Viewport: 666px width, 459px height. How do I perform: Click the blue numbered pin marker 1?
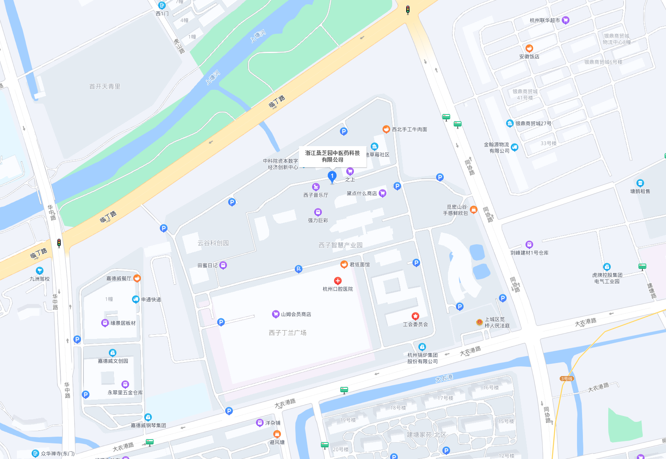click(332, 176)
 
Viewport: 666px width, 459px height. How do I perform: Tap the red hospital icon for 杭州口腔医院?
click(337, 281)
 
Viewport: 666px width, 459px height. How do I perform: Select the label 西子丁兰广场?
click(288, 333)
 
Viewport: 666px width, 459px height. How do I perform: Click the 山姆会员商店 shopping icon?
click(275, 314)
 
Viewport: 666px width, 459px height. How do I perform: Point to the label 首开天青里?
click(105, 86)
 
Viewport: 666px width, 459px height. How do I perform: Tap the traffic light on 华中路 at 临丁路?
click(59, 243)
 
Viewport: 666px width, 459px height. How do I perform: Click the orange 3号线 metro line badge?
click(566, 379)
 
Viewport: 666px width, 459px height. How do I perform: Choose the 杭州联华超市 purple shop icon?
click(566, 20)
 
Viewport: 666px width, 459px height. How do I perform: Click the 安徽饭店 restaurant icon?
click(529, 48)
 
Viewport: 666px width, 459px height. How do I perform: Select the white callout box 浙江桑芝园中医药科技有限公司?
click(332, 156)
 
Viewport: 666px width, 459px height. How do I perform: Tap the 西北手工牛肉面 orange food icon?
click(386, 129)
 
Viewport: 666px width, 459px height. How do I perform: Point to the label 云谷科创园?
click(213, 243)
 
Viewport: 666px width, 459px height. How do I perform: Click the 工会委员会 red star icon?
click(415, 316)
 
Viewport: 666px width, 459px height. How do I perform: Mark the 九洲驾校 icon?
click(40, 271)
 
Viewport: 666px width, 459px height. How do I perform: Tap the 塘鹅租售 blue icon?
click(640, 183)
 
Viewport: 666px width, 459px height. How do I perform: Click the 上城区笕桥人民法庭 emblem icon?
click(479, 322)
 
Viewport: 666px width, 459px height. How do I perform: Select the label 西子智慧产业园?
click(340, 245)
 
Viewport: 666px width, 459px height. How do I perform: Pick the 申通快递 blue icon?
click(135, 299)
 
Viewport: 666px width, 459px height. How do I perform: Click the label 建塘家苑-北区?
click(426, 435)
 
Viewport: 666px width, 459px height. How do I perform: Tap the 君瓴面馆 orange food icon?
click(344, 264)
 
